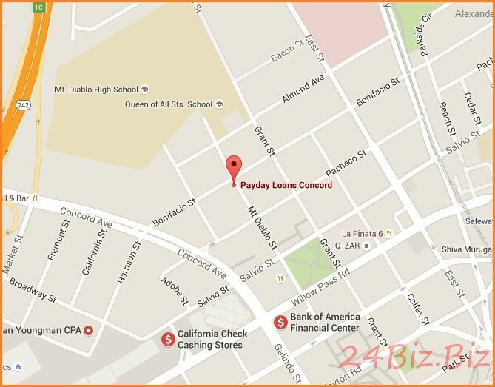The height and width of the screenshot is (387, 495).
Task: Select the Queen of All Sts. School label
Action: click(x=168, y=104)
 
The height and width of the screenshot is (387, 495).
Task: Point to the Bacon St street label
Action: click(x=286, y=50)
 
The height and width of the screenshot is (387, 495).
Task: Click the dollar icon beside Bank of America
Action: click(x=280, y=322)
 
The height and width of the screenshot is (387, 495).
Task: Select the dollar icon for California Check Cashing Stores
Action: click(x=168, y=338)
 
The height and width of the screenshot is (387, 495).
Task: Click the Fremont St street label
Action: click(x=58, y=241)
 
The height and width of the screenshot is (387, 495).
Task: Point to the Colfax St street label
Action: click(x=417, y=309)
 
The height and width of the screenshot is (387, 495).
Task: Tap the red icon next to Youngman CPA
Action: click(x=89, y=329)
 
